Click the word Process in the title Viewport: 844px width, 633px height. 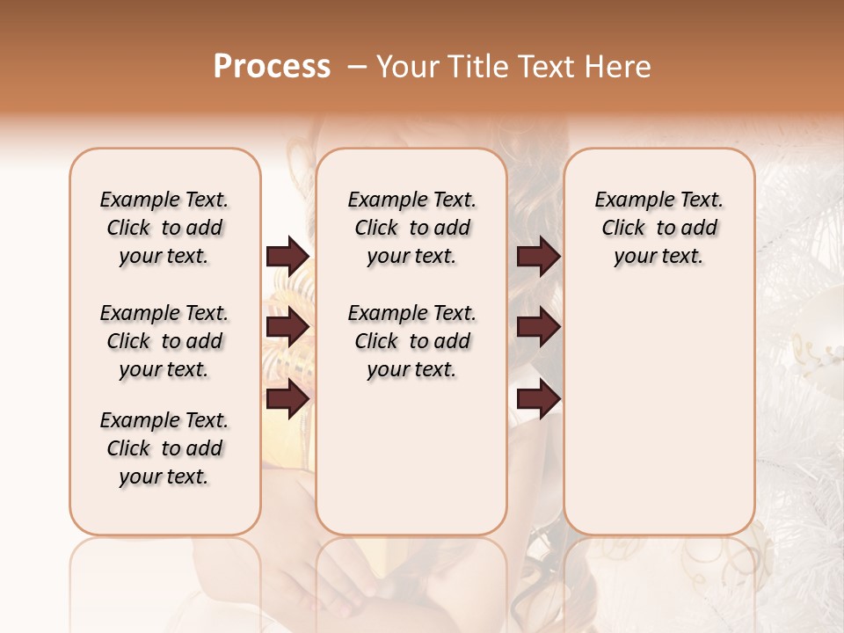272,67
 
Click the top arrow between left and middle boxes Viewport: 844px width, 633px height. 287,256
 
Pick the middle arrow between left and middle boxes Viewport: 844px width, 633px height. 287,328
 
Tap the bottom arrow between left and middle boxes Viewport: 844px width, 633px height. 287,399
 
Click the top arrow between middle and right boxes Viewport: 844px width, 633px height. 538,256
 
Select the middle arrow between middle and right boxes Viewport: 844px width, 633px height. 538,328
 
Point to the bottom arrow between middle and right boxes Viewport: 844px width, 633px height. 538,399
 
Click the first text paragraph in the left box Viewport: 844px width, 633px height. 164,228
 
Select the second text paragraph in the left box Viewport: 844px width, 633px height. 164,341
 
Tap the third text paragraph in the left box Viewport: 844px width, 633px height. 164,448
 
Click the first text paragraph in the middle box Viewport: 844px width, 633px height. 411,228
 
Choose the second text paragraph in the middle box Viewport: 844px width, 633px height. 411,341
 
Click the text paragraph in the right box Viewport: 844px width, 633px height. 658,228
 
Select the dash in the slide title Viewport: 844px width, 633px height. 357,67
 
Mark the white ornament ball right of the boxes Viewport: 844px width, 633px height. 813,347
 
